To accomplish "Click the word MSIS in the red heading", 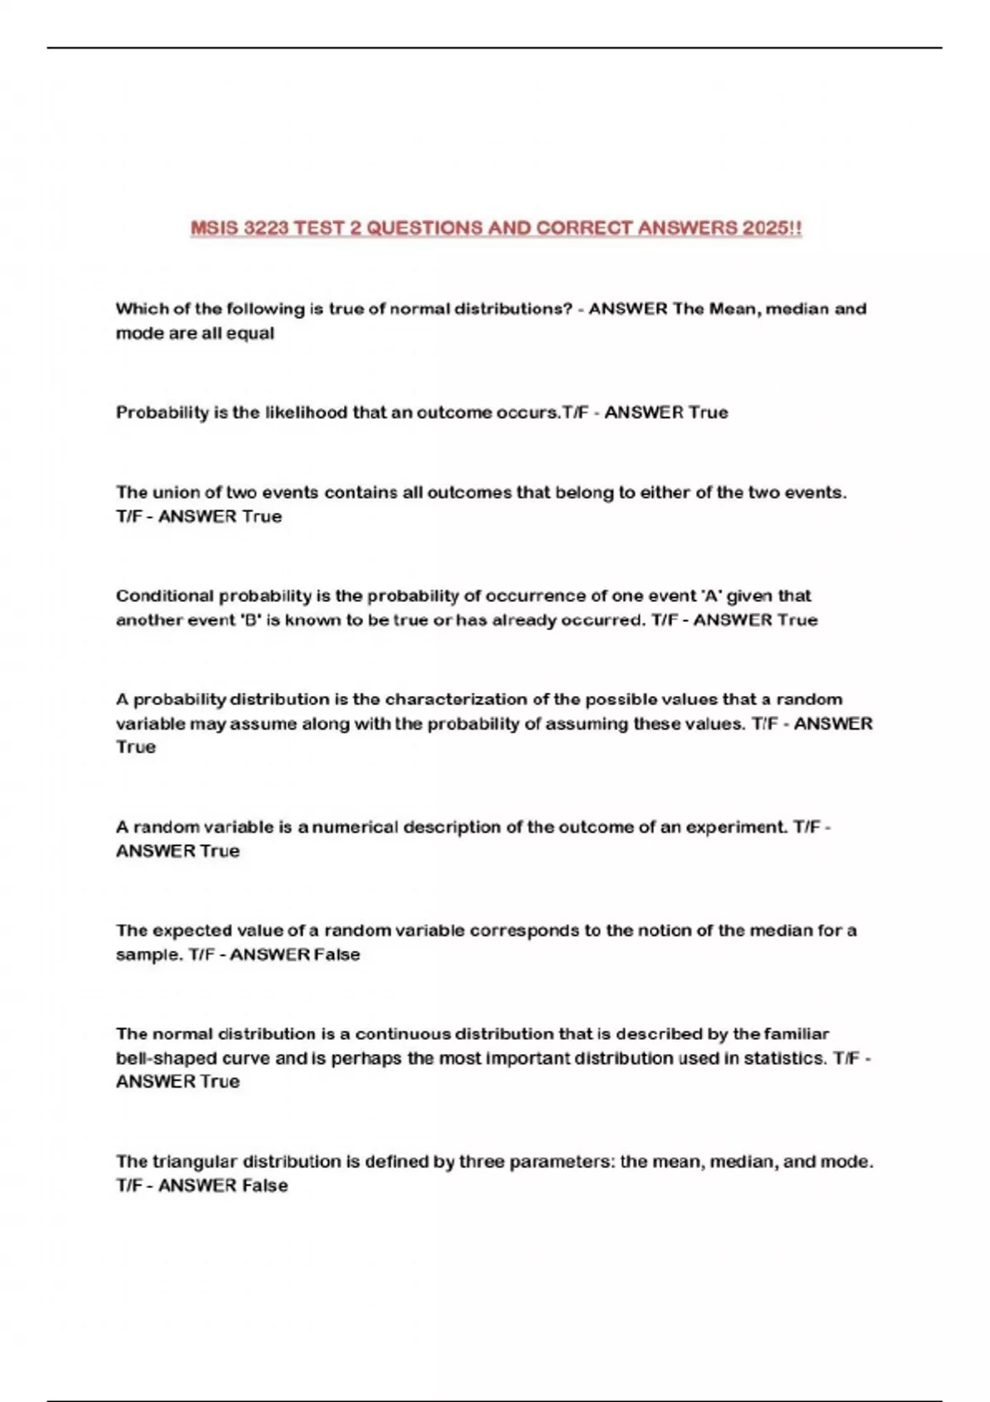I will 214,228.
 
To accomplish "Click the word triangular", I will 195,1162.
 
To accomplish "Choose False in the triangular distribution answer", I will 265,1186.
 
